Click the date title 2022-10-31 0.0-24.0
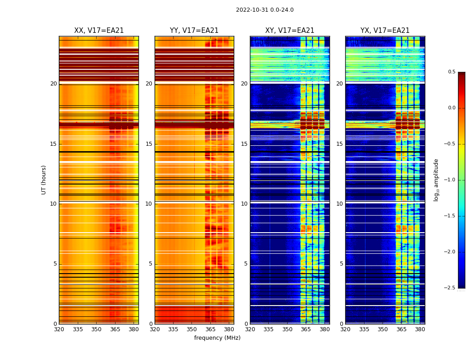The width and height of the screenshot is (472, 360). tap(265, 10)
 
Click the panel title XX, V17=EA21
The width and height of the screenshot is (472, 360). tap(99, 31)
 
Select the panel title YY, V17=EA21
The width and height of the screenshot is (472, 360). tap(194, 31)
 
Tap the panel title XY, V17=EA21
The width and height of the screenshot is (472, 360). tap(289, 31)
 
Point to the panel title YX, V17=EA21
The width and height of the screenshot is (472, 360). tap(385, 31)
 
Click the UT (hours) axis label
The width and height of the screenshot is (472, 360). tap(44, 180)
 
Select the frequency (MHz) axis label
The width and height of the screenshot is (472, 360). tap(217, 338)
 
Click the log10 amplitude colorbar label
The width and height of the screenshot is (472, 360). tap(436, 180)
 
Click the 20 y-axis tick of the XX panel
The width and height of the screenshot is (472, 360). tap(53, 84)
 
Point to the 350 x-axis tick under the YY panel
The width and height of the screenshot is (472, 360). tap(192, 329)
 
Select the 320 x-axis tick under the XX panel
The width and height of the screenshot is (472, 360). tap(59, 329)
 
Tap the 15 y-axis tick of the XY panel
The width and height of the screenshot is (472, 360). tap(245, 144)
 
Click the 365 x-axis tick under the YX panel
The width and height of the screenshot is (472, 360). tap(401, 329)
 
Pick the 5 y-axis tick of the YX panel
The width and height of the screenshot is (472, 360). tap(342, 264)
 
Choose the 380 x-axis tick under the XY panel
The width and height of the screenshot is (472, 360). tap(325, 329)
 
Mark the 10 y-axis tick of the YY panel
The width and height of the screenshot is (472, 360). tap(149, 204)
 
